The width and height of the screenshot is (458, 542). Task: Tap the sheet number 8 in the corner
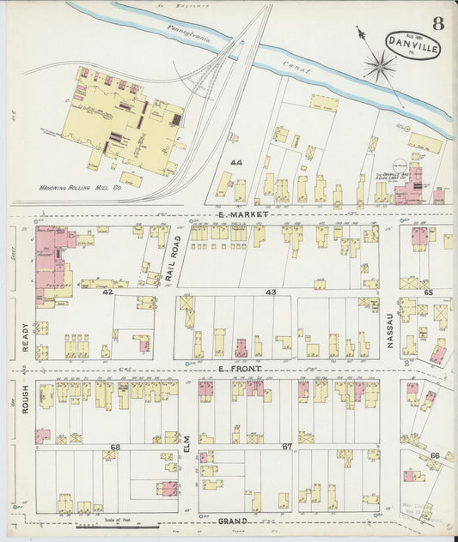pyautogui.click(x=438, y=23)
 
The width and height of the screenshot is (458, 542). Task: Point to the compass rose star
pyautogui.click(x=379, y=64)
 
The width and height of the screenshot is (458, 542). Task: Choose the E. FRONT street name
pyautogui.click(x=239, y=369)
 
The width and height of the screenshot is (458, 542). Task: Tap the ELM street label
pyautogui.click(x=185, y=443)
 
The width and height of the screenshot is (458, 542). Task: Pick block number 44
pyautogui.click(x=236, y=162)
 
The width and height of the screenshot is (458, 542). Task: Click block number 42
pyautogui.click(x=108, y=292)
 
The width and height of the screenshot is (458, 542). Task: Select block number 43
pyautogui.click(x=271, y=292)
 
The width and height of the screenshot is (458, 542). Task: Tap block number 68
pyautogui.click(x=115, y=447)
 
